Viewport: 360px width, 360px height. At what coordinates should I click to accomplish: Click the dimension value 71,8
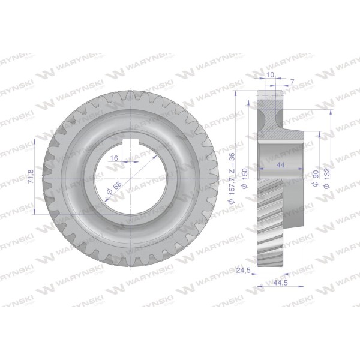31,176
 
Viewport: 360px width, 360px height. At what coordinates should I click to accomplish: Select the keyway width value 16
114,158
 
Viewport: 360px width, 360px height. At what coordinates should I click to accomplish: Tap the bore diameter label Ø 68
114,188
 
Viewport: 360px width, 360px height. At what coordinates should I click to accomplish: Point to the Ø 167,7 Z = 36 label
232,178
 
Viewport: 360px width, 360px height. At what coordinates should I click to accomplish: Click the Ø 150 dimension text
245,178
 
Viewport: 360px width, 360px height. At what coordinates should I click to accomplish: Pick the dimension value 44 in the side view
281,164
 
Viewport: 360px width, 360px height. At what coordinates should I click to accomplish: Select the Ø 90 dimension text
316,178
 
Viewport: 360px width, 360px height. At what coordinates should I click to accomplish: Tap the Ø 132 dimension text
327,178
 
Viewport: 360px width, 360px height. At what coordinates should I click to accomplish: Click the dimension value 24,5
243,271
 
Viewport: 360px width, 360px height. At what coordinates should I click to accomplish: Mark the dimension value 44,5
281,283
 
